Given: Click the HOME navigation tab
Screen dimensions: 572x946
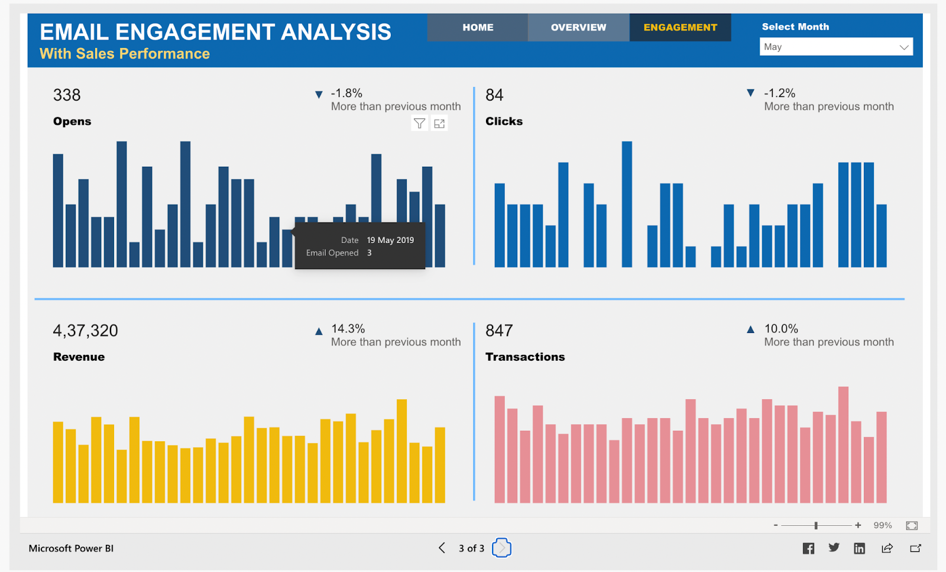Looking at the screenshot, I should [x=478, y=27].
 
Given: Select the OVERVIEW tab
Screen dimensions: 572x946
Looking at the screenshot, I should [x=578, y=27].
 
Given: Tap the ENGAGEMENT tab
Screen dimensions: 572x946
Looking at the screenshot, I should [x=680, y=27].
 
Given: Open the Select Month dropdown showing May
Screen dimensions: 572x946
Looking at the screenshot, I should [x=835, y=47].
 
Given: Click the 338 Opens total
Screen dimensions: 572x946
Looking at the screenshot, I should [x=67, y=95].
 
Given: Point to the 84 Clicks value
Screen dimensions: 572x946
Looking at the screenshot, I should [x=494, y=95].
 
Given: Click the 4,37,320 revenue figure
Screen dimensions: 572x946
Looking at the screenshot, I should [x=86, y=331].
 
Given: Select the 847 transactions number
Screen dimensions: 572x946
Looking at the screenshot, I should [x=499, y=331].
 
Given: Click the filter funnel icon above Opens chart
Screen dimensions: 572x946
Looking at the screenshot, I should [x=419, y=124].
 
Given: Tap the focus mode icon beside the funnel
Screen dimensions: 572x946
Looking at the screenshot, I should [x=439, y=124].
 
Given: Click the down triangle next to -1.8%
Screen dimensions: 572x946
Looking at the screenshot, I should [x=319, y=95].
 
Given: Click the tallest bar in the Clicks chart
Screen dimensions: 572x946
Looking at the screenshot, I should [x=627, y=204].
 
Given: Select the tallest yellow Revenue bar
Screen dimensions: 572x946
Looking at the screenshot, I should [x=401, y=451].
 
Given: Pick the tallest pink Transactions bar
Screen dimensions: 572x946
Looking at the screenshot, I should [x=843, y=445].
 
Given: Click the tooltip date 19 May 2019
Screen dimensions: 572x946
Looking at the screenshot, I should [x=390, y=240].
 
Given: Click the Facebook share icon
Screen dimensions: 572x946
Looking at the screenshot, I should [x=808, y=548].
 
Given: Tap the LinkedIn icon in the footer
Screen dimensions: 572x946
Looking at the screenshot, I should [x=859, y=548].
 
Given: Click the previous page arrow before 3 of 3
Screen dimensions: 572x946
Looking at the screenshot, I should [x=442, y=548].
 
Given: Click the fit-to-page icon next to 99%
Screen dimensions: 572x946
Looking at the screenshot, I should [x=911, y=525].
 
